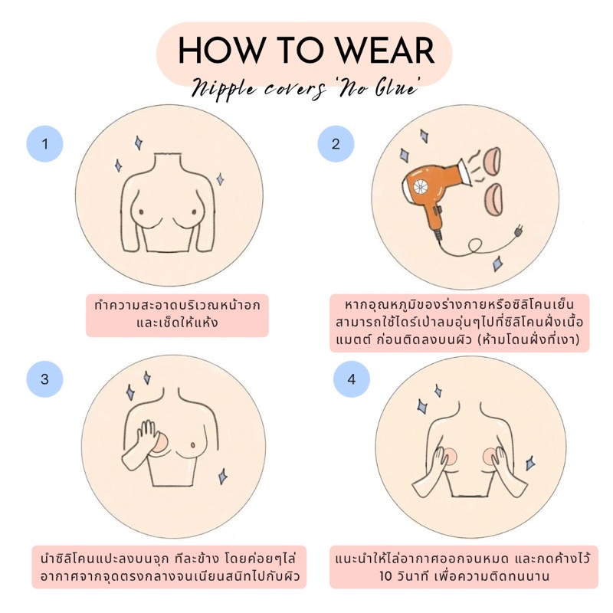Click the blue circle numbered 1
44,144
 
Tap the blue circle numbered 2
336,144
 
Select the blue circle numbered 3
44,379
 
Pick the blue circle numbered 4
351,379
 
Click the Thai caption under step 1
177,314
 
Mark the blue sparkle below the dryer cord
497,264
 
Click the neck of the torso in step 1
167,162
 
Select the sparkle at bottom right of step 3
222,476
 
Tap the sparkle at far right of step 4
530,463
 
